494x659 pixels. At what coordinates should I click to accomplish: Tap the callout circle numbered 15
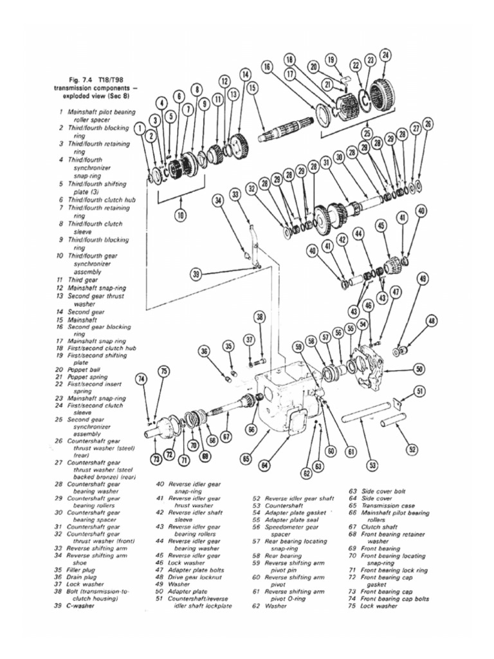252,87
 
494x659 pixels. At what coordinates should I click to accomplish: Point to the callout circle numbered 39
196,274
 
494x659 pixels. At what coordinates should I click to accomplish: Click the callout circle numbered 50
419,369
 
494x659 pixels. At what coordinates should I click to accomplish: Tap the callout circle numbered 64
265,465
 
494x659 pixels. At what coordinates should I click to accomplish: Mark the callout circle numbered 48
432,320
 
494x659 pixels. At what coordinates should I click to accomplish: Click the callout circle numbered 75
164,371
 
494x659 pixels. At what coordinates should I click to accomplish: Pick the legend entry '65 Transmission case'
387,505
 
